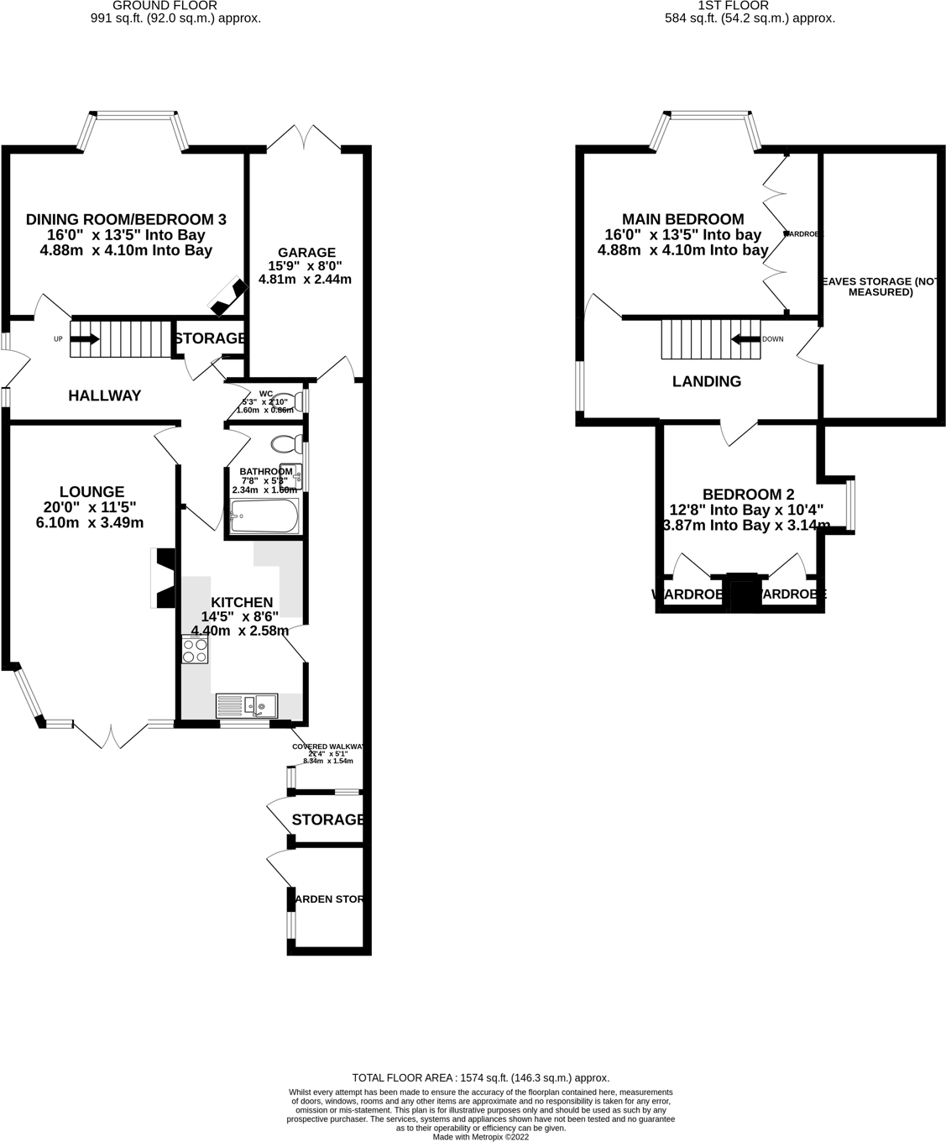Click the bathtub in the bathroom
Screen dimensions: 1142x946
pos(264,516)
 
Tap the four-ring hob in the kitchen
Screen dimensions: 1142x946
pos(195,650)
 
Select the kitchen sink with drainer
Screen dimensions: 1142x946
pos(247,705)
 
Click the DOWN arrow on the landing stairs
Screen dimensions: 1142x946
pos(744,339)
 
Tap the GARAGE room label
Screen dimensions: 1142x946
pos(308,252)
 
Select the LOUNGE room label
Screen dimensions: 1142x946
pos(91,491)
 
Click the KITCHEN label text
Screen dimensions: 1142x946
pos(241,602)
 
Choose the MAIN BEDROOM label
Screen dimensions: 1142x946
pos(682,219)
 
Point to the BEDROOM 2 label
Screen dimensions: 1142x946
pos(747,495)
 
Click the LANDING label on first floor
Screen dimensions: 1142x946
pos(707,381)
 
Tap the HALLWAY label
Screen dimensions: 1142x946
pos(104,396)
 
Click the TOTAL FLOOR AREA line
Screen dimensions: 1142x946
pos(480,1077)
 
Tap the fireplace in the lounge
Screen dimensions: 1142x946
pos(163,578)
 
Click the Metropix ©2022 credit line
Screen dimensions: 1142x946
pos(480,1137)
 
